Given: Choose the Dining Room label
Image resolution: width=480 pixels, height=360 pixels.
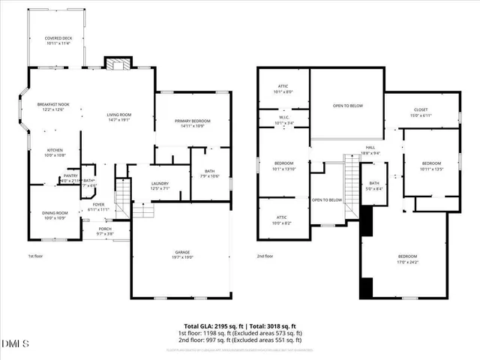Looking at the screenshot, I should tap(54, 215).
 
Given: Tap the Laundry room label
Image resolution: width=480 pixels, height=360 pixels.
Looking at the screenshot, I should tap(159, 185).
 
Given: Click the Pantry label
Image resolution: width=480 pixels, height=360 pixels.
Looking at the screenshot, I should tap(70, 178).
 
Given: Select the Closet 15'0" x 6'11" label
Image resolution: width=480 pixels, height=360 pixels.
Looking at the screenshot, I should tap(421, 112).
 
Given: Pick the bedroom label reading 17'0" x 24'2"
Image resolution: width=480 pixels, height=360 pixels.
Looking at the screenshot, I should tap(407, 259).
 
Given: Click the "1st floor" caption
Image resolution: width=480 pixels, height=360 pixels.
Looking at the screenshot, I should tap(34, 256).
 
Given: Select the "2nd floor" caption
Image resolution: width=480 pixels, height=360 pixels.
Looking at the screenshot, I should tap(265, 256).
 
